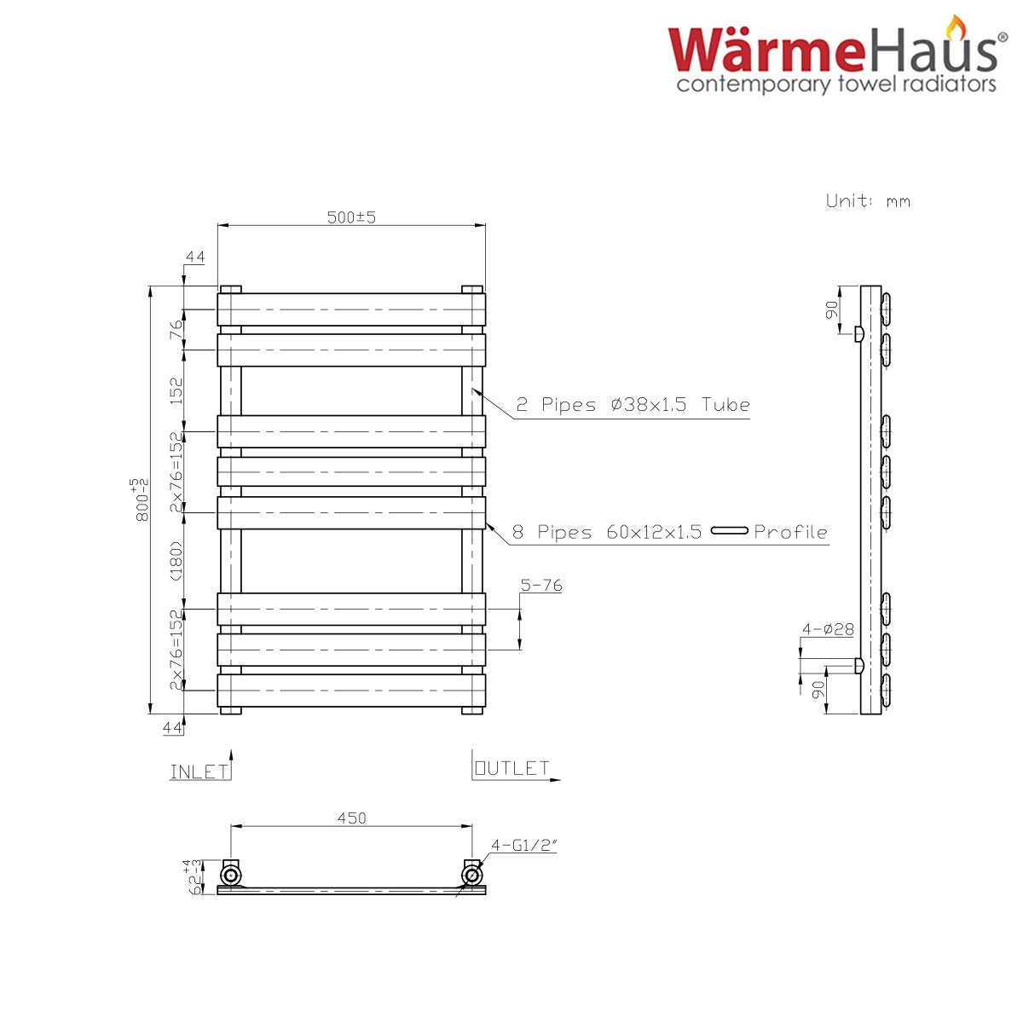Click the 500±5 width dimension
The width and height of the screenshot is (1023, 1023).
pyautogui.click(x=351, y=217)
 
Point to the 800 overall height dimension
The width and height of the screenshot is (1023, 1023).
pyautogui.click(x=142, y=500)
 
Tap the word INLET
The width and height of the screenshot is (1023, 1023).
pyautogui.click(x=199, y=772)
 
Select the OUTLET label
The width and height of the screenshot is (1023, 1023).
pyautogui.click(x=511, y=768)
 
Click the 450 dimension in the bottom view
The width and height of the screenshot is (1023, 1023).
pyautogui.click(x=351, y=818)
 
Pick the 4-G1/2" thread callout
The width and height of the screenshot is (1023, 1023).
pyautogui.click(x=524, y=845)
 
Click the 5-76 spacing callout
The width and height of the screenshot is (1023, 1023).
pyautogui.click(x=541, y=585)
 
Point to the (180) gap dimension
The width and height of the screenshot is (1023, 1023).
pyautogui.click(x=176, y=561)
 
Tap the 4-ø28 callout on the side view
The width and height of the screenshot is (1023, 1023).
pyautogui.click(x=828, y=630)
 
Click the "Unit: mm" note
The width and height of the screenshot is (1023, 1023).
pyautogui.click(x=868, y=200)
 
